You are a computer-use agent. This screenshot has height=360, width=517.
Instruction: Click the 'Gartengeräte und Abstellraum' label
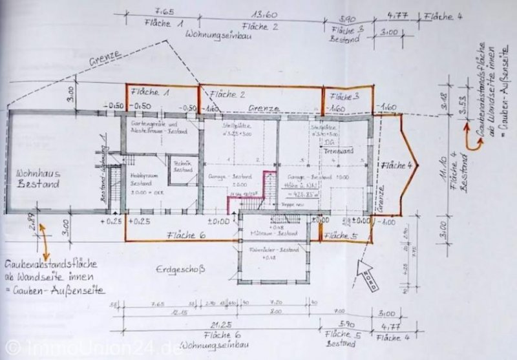coord(158,125)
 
